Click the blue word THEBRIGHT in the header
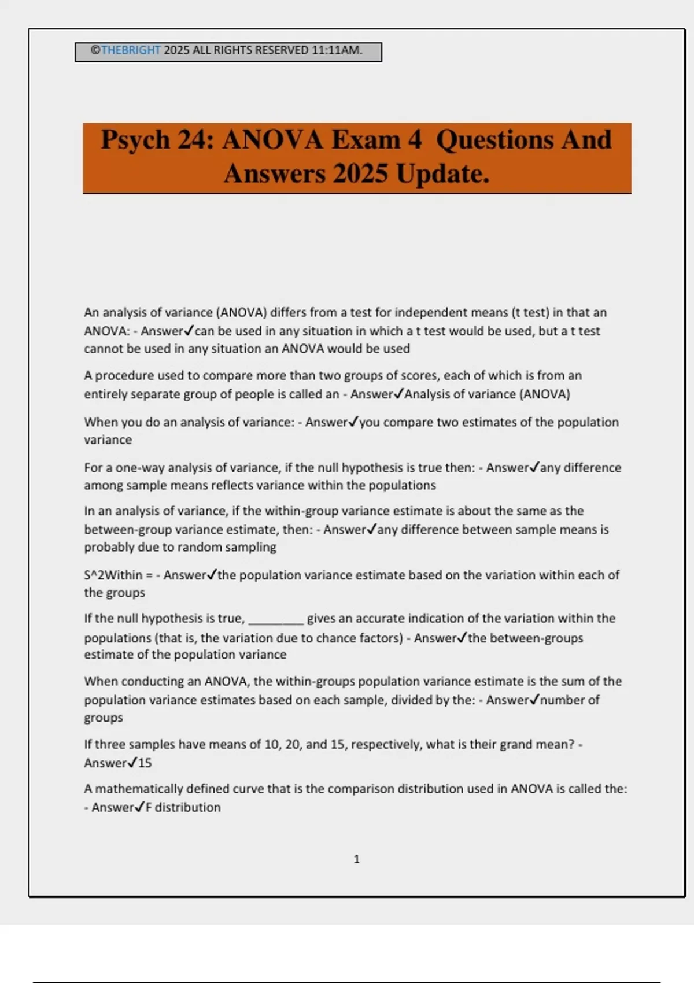[x=131, y=50]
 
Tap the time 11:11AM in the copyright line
[x=337, y=50]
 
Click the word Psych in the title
[x=135, y=140]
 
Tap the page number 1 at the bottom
[x=356, y=859]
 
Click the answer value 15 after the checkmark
[x=145, y=763]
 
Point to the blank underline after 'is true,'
[x=276, y=620]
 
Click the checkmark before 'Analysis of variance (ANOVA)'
[x=398, y=394]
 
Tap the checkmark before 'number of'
[x=534, y=700]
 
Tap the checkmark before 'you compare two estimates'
[x=353, y=422]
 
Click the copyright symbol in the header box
[x=95, y=50]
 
